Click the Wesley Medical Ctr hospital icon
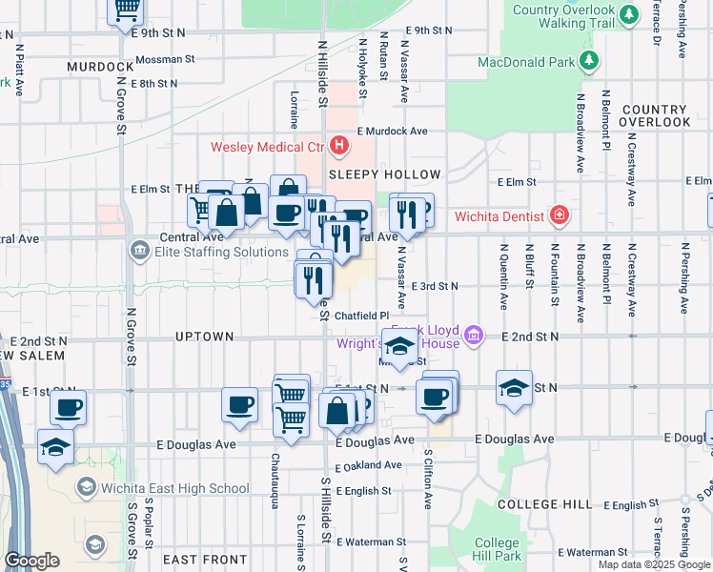coord(339,146)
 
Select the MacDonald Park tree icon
coord(590,62)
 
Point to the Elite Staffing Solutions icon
coord(138,252)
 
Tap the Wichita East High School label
coord(175,489)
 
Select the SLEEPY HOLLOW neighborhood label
coord(384,175)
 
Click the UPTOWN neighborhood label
coord(204,337)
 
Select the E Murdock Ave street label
coord(392,132)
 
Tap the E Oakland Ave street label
coord(368,465)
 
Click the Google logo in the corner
coord(31,561)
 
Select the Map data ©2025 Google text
coord(654,564)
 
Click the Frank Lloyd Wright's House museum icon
coord(474,335)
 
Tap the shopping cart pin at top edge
coord(125,10)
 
